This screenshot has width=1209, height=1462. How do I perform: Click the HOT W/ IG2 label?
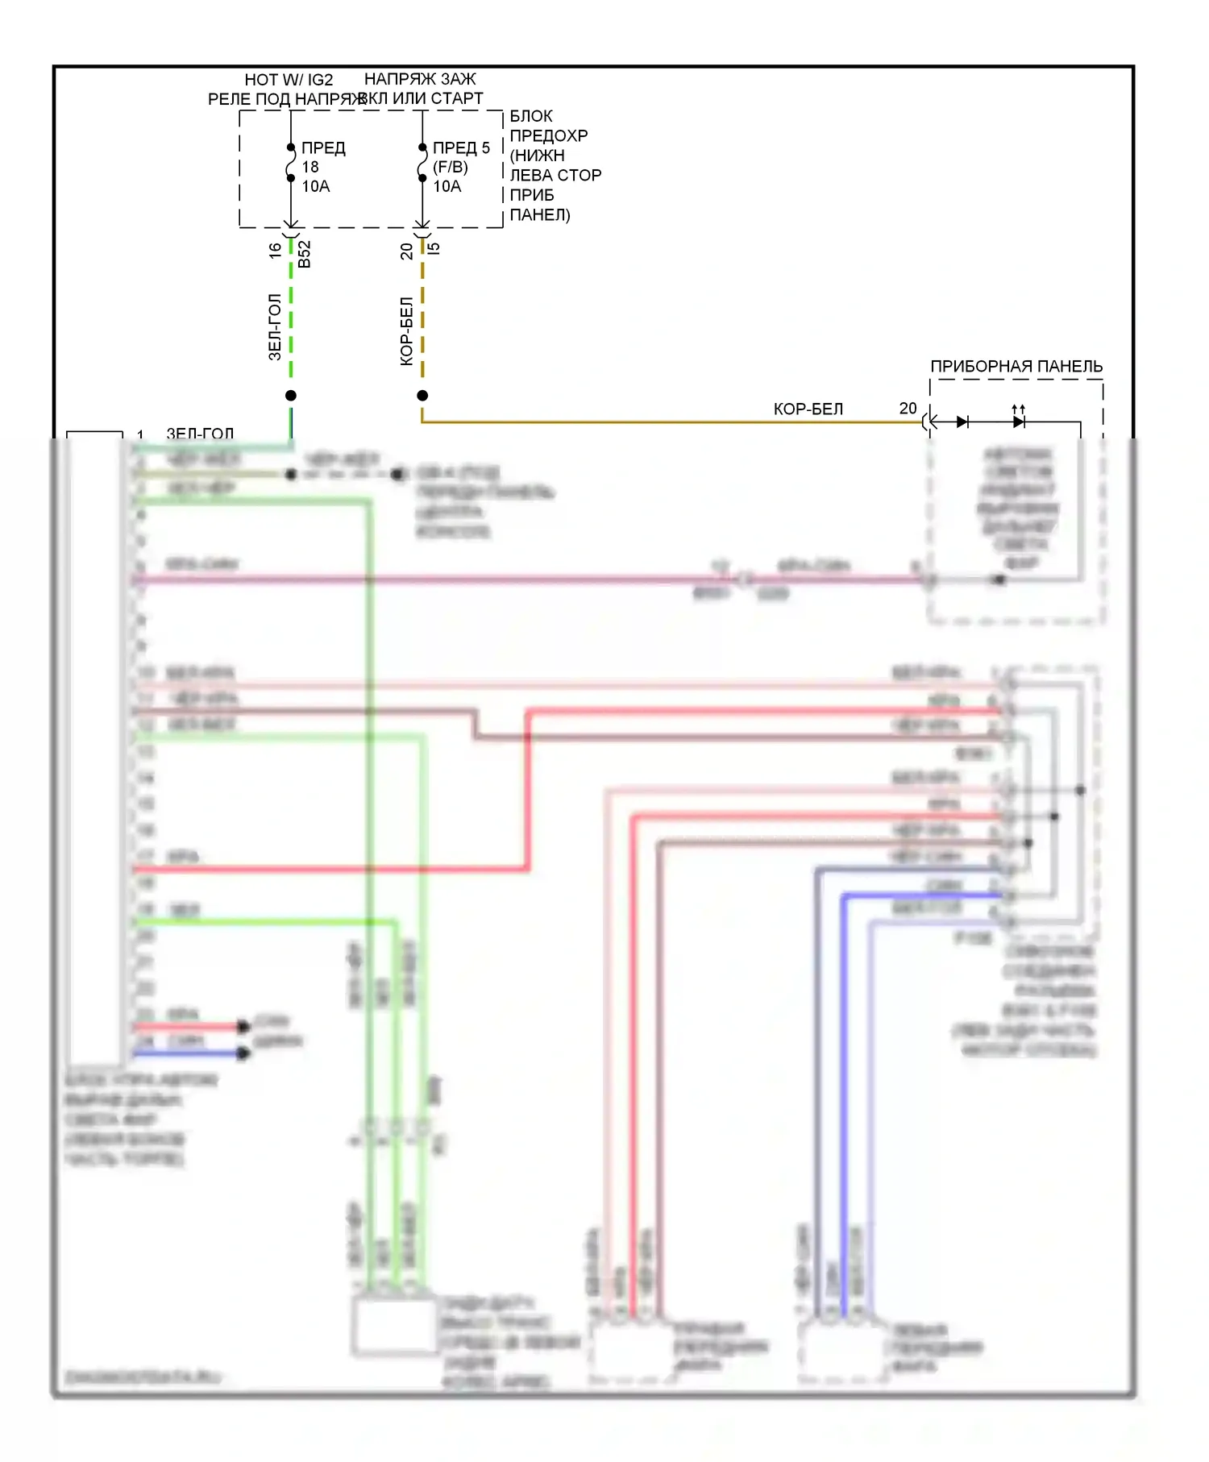click(289, 80)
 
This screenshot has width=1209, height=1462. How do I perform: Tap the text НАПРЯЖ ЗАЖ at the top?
click(420, 79)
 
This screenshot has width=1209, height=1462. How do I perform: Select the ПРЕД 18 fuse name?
click(323, 148)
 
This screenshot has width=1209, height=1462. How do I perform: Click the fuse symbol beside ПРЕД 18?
click(291, 163)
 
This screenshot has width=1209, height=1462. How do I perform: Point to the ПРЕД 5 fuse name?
click(461, 148)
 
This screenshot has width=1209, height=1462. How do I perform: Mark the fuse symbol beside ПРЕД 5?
click(422, 163)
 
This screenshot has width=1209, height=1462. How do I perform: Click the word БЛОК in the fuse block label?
click(531, 116)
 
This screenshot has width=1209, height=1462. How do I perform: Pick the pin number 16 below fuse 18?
click(275, 251)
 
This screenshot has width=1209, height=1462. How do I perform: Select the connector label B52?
click(304, 254)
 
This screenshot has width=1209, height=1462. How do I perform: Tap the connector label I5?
click(434, 248)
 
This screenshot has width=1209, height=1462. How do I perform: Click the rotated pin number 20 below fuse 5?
click(406, 251)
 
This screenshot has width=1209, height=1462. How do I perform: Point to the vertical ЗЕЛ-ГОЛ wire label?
click(275, 326)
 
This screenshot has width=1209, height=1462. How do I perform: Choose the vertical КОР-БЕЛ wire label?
click(406, 331)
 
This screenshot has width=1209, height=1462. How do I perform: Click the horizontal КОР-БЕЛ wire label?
click(808, 409)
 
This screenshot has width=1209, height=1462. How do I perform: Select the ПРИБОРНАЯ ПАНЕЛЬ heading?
click(1016, 367)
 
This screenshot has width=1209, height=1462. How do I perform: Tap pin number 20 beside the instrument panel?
click(908, 409)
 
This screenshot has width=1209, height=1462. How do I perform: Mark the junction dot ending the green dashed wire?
click(291, 395)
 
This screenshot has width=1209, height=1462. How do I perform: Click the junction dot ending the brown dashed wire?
click(422, 395)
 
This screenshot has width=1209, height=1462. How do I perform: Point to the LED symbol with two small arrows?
click(1019, 421)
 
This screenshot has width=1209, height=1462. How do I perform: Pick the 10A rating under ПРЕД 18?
click(316, 187)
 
